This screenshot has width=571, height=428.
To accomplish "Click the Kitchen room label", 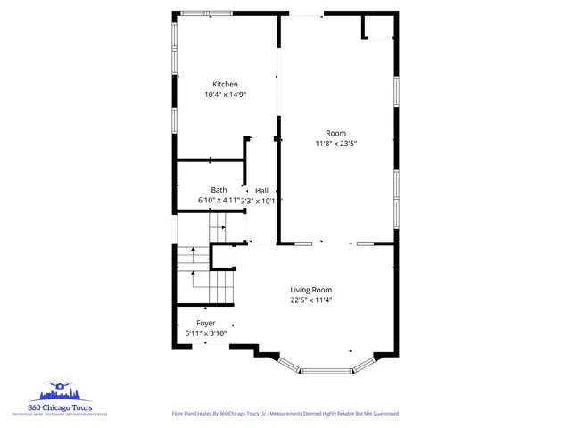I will pyautogui.click(x=225, y=84).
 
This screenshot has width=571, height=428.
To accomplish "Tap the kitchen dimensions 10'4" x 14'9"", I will pyautogui.click(x=225, y=95).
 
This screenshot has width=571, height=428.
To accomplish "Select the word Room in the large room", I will pyautogui.click(x=335, y=133).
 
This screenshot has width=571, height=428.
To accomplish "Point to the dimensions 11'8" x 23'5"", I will pyautogui.click(x=335, y=143).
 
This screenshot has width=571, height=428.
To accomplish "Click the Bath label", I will pyautogui.click(x=219, y=190).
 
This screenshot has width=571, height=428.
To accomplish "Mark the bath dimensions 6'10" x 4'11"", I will pyautogui.click(x=219, y=201).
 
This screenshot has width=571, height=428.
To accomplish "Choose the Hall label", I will pyautogui.click(x=261, y=191).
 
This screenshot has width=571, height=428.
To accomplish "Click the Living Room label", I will pyautogui.click(x=310, y=290).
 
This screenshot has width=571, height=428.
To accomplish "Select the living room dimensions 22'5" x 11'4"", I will pyautogui.click(x=310, y=300).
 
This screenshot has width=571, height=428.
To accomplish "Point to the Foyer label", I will pyautogui.click(x=205, y=323).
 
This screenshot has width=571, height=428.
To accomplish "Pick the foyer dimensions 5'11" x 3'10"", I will pyautogui.click(x=205, y=333).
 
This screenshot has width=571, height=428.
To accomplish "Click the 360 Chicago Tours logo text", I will pyautogui.click(x=59, y=407).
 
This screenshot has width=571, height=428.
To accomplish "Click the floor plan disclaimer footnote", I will pyautogui.click(x=285, y=414).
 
